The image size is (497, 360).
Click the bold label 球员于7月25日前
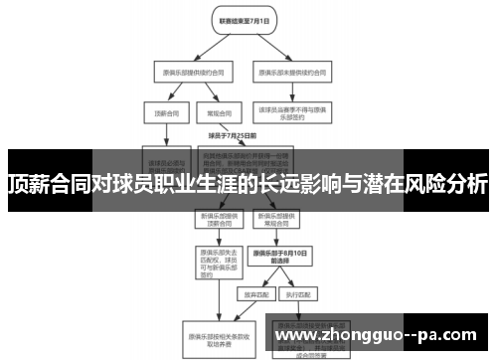tap(233, 135)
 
